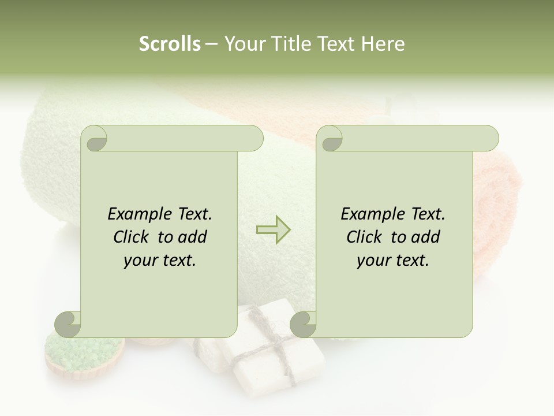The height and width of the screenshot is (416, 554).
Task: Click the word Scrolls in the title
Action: click(x=170, y=44)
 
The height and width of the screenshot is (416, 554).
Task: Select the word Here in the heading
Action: click(x=384, y=44)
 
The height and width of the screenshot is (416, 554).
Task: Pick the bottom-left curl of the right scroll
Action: click(x=304, y=324)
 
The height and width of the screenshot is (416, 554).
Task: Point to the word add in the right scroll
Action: click(x=426, y=237)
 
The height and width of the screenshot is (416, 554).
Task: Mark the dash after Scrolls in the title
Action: click(x=211, y=44)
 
